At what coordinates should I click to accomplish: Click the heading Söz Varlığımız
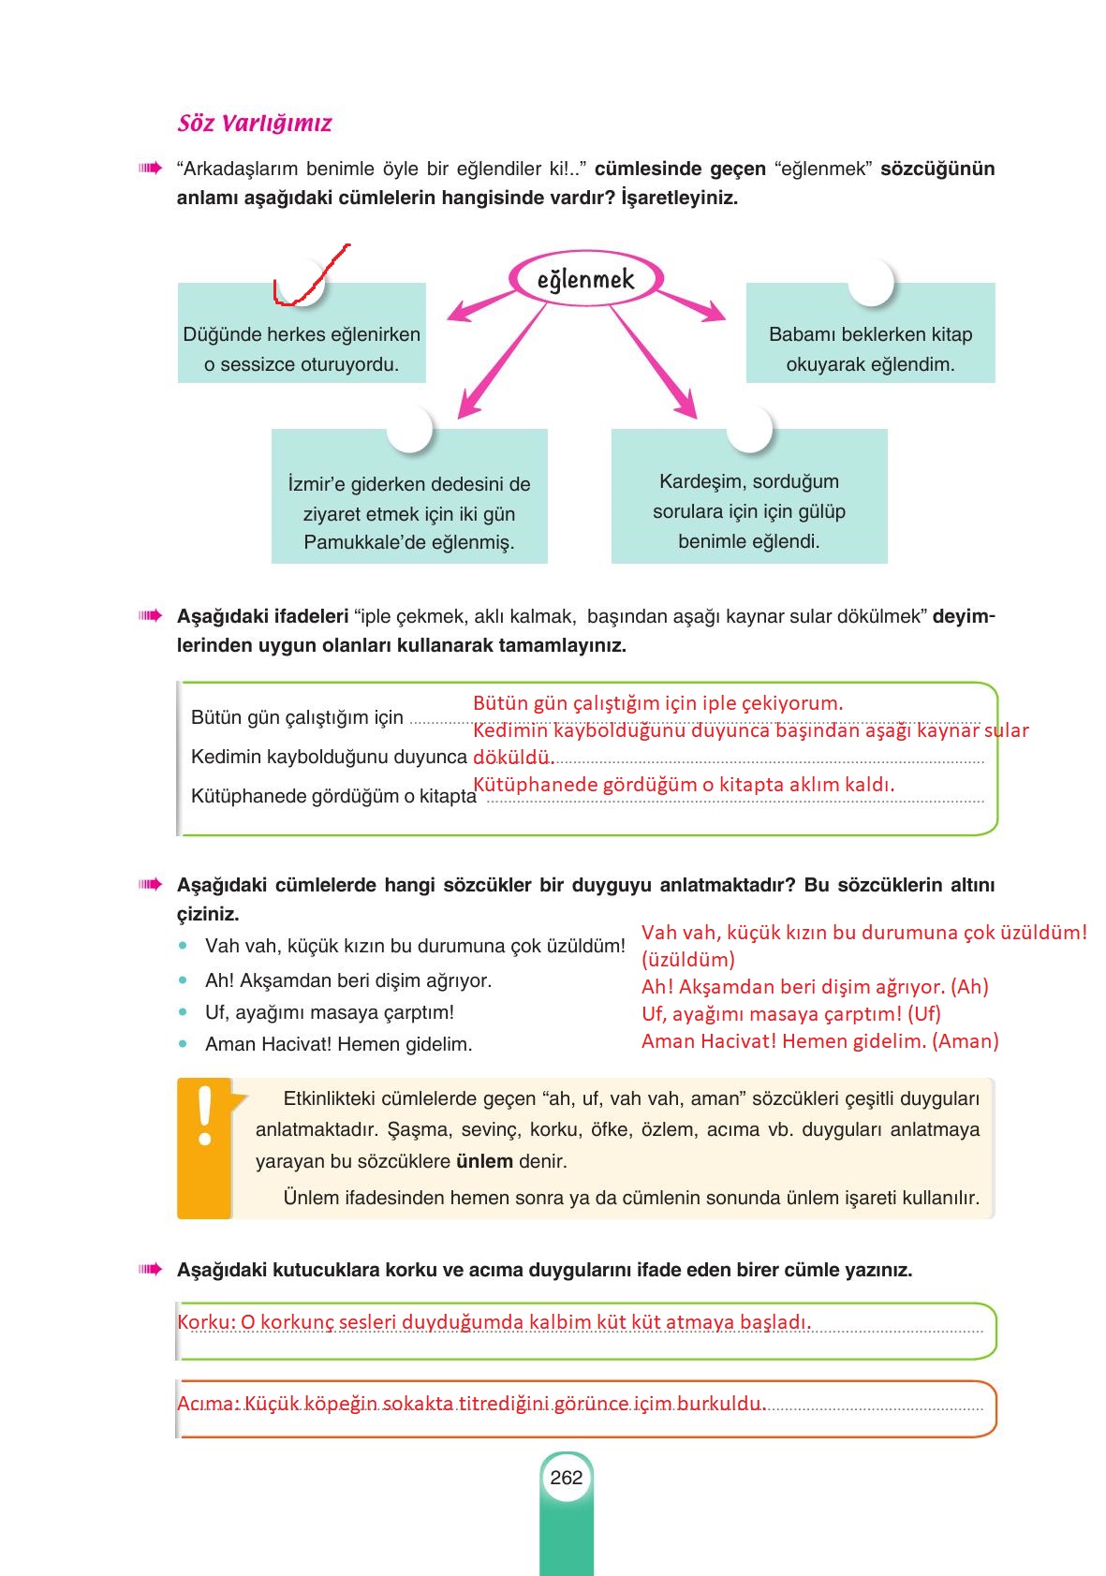(x=254, y=124)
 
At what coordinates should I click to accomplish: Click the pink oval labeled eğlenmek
(x=586, y=279)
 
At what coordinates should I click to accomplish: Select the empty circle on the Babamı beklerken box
(x=870, y=282)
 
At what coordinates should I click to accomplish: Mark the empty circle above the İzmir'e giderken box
(x=409, y=429)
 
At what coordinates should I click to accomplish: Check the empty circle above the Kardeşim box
(x=748, y=429)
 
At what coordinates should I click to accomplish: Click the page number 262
(x=567, y=1478)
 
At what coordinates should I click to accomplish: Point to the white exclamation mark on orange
(x=205, y=1116)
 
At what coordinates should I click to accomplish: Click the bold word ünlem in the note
(x=484, y=1161)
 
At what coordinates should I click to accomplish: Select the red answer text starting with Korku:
(x=494, y=1322)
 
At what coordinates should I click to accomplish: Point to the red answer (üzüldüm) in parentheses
(x=688, y=959)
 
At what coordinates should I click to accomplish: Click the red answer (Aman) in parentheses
(x=966, y=1040)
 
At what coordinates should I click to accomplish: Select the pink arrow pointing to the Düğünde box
(x=479, y=307)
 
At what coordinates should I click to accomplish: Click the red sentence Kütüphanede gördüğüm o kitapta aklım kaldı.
(x=684, y=785)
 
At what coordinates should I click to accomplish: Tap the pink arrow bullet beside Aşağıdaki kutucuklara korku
(x=150, y=1270)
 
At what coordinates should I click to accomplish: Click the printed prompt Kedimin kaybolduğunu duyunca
(x=329, y=757)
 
